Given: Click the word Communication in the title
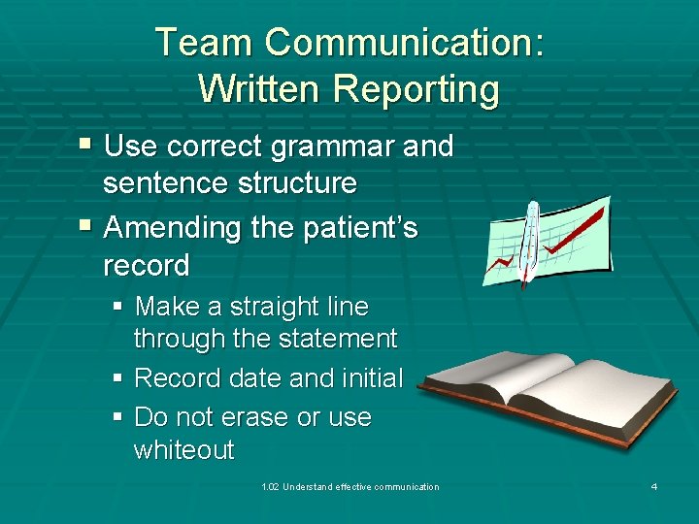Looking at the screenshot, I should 405,43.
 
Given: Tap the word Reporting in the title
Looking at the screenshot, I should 416,89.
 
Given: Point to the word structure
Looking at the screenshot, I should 291,182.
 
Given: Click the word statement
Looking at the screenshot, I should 337,339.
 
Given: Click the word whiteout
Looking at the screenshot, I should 183,450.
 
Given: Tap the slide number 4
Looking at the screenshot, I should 654,486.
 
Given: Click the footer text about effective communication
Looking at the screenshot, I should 350,486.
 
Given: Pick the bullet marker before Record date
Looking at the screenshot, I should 117,378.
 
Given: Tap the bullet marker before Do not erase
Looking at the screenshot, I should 117,417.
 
